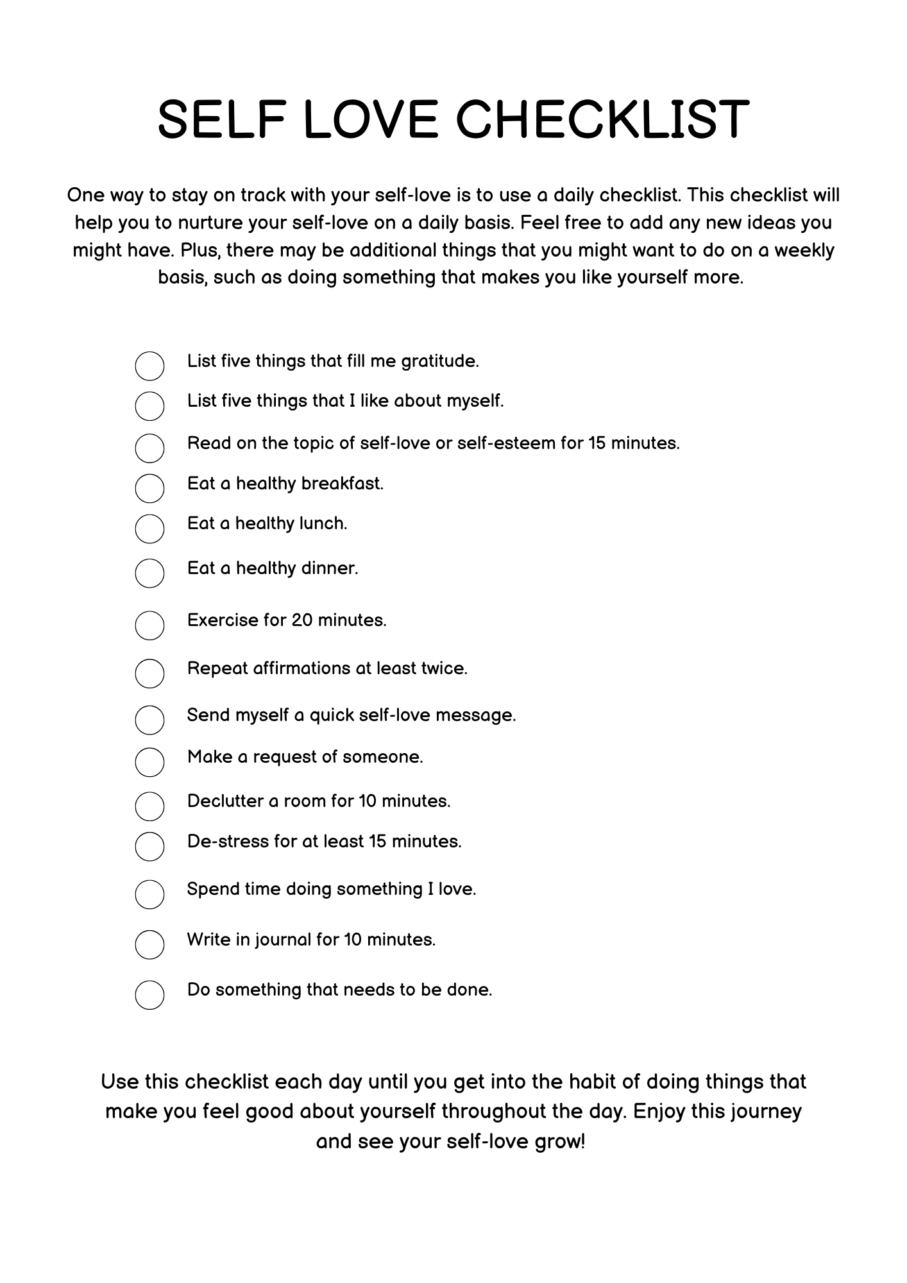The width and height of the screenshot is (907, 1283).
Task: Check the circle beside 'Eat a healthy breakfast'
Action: [x=149, y=488]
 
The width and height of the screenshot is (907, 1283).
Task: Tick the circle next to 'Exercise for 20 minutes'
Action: [x=149, y=625]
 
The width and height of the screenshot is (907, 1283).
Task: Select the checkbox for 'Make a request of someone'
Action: [x=149, y=762]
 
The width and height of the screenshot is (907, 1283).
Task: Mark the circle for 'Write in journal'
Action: [x=149, y=944]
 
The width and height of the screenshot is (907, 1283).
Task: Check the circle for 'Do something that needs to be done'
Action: [x=149, y=995]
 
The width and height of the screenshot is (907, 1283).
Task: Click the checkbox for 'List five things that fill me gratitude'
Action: [x=149, y=366]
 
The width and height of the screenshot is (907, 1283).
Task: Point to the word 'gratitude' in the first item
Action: [x=440, y=362]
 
